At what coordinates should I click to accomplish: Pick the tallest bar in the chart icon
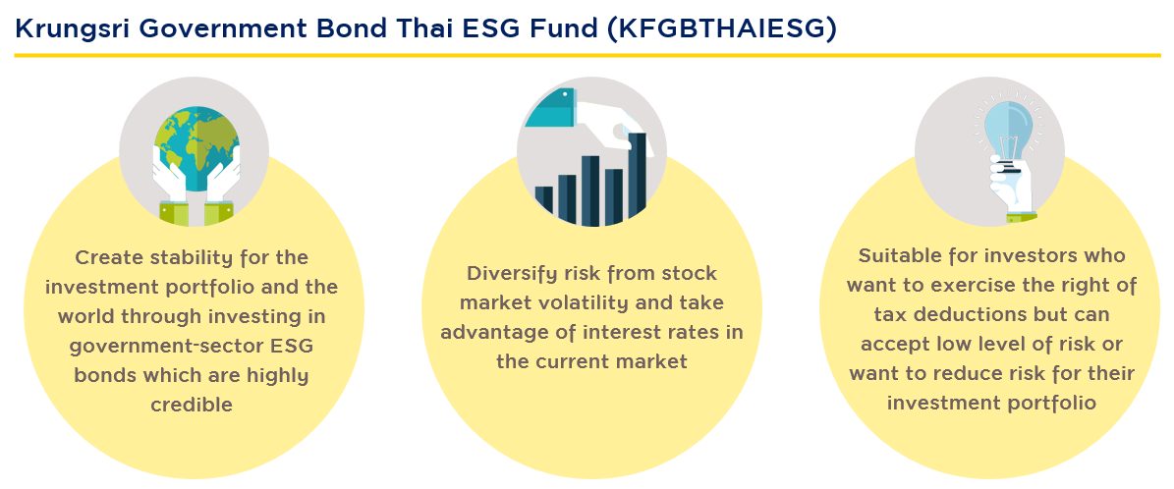tap(637, 179)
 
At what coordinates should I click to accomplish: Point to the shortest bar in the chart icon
tap(543, 206)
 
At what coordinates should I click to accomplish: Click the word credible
tap(192, 406)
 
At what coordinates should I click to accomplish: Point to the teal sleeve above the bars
tap(551, 106)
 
